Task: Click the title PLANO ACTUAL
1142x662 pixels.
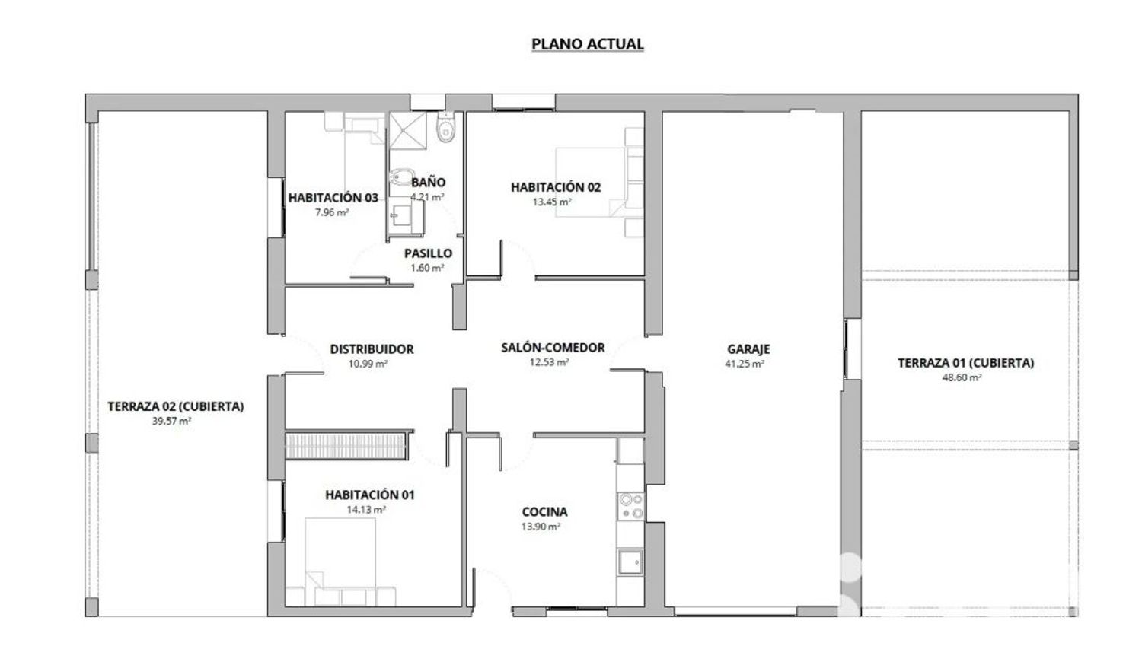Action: [587, 44]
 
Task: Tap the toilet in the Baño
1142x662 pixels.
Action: [445, 127]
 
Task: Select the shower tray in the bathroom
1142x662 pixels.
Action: [408, 130]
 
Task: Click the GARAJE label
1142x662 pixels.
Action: [748, 349]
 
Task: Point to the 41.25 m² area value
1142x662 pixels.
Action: [745, 364]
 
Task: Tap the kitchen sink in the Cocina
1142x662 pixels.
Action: [630, 562]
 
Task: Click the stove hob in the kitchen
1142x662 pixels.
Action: [630, 506]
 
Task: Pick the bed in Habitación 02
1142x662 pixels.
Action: [600, 181]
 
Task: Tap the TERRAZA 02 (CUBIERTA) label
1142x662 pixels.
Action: [176, 406]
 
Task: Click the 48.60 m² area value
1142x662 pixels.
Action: [962, 377]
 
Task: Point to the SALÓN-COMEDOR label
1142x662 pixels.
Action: [553, 348]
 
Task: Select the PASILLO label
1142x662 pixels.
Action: [428, 253]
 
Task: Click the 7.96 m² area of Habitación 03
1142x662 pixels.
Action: [332, 212]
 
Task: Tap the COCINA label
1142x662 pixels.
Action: [544, 511]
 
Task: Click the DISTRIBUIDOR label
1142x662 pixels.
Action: [372, 349]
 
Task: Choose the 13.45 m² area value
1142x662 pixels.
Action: [552, 202]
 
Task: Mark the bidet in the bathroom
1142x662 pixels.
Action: [400, 178]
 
